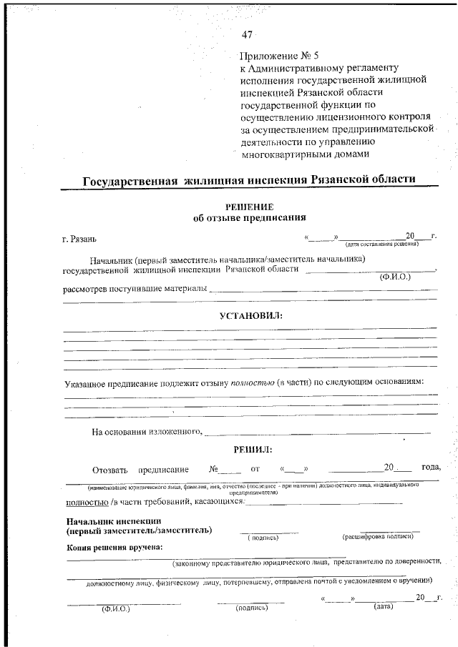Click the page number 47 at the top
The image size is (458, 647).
click(248, 34)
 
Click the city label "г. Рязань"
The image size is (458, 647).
click(84, 238)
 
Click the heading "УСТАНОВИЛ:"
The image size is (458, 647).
click(250, 315)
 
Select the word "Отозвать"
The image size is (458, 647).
click(109, 470)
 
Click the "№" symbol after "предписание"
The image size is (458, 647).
click(214, 469)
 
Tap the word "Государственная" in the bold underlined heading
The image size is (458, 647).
click(130, 182)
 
